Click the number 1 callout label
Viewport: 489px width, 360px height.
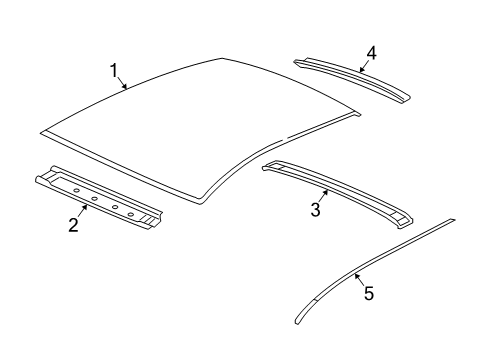(113, 70)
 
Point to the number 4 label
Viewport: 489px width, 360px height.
(371, 51)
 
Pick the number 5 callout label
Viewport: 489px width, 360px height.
(368, 293)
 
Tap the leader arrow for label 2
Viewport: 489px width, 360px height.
(82, 211)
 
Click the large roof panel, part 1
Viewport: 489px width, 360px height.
(200, 120)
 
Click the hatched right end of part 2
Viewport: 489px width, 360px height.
(153, 217)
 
